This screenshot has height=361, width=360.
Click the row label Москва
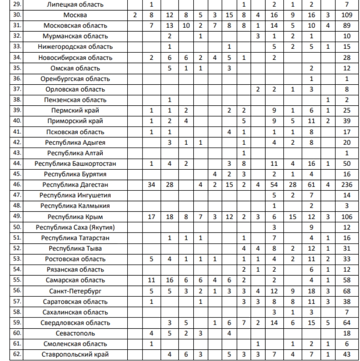pyautogui.click(x=75, y=15)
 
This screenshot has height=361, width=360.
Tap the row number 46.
pyautogui.click(x=18, y=185)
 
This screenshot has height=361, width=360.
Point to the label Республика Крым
pyautogui.click(x=75, y=216)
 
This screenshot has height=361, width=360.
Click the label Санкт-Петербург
pyautogui.click(x=75, y=291)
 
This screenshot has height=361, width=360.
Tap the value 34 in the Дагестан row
pyautogui.click(x=152, y=185)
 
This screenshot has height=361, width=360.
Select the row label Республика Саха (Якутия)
pyautogui.click(x=75, y=227)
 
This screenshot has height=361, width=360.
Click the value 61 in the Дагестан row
pyautogui.click(x=312, y=185)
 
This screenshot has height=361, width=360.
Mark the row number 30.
pyautogui.click(x=18, y=15)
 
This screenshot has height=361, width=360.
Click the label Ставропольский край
pyautogui.click(x=75, y=354)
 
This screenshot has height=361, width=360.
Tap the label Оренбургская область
pyautogui.click(x=75, y=79)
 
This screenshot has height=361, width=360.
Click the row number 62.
pyautogui.click(x=18, y=354)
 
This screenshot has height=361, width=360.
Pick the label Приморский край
pyautogui.click(x=75, y=121)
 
